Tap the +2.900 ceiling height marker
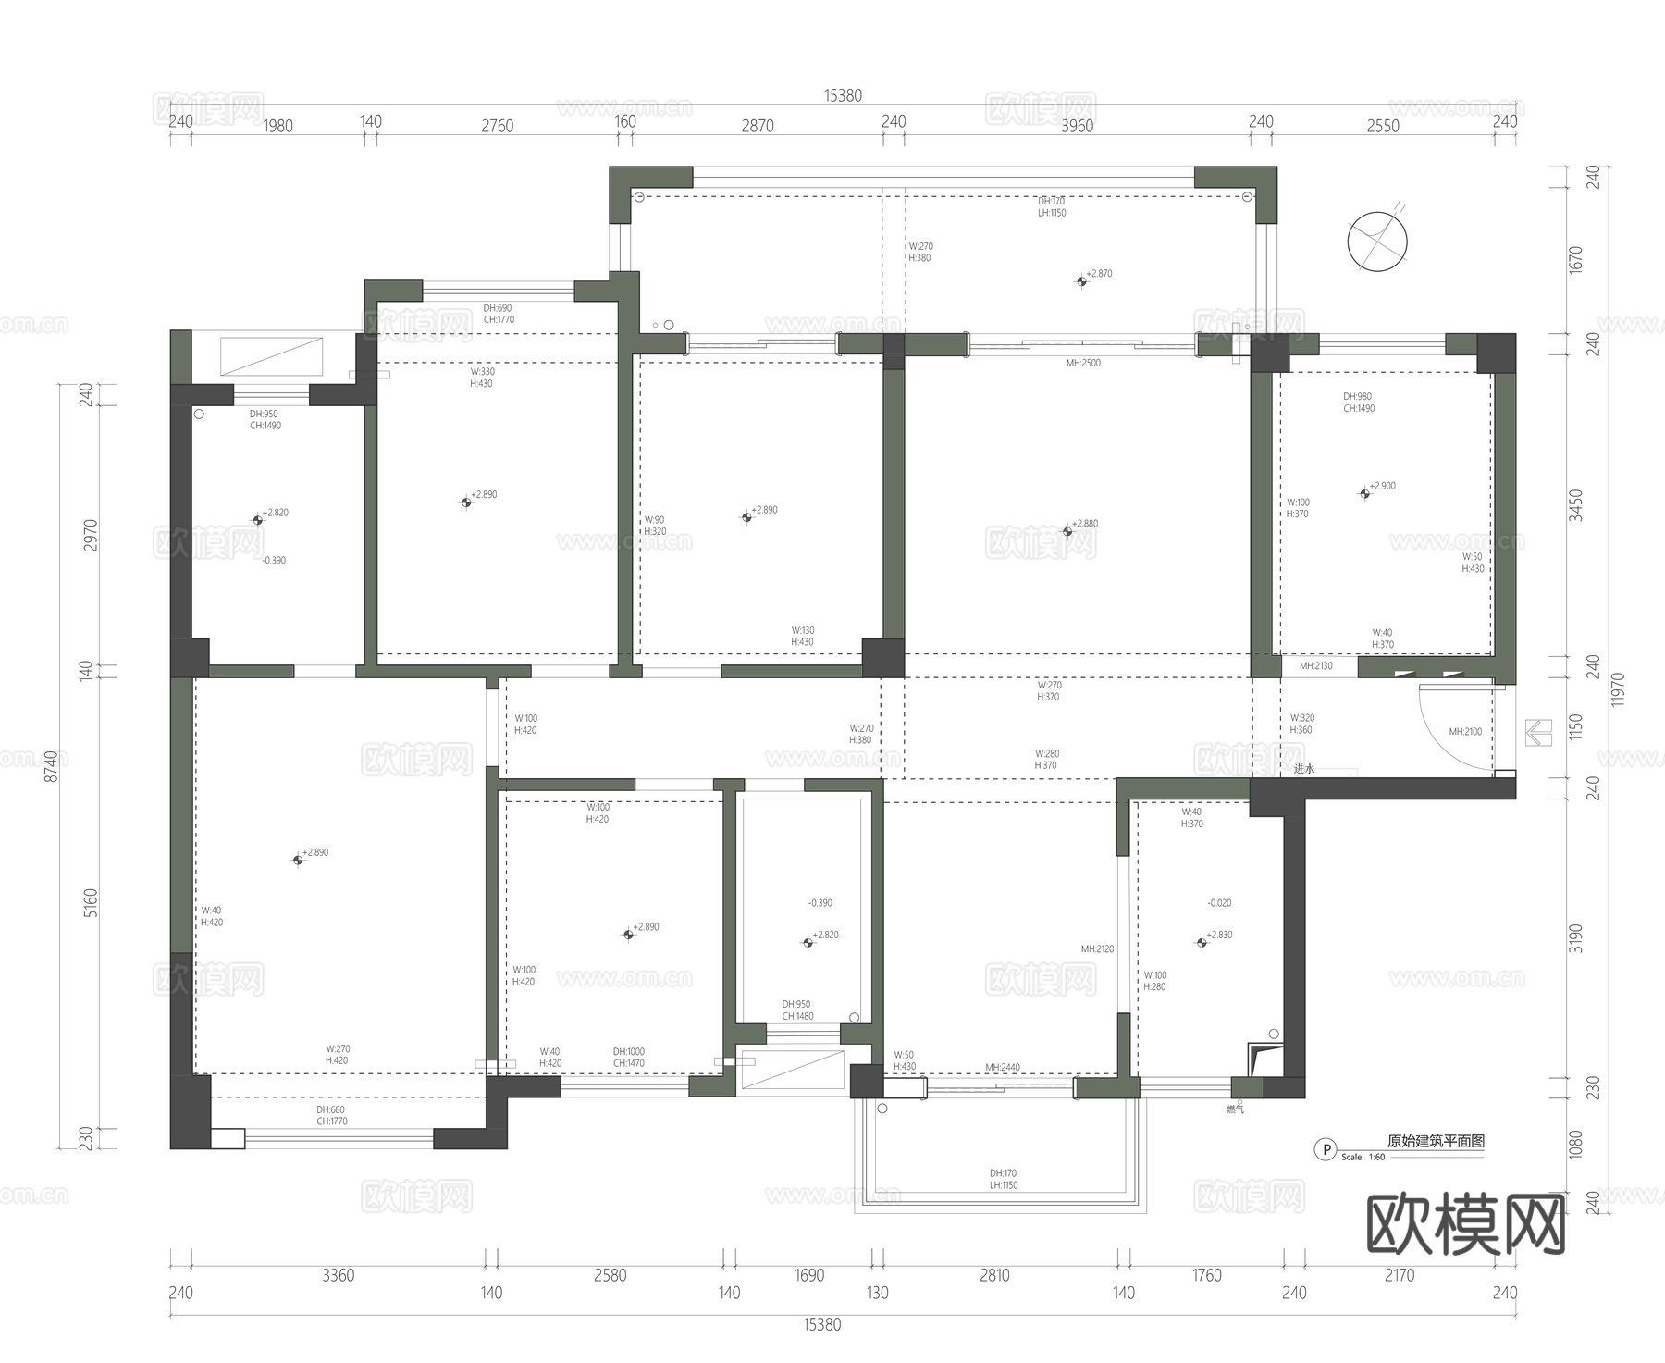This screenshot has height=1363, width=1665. coord(1364,493)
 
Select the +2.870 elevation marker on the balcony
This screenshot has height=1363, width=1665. coord(1081,280)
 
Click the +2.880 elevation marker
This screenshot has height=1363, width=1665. coord(1067,531)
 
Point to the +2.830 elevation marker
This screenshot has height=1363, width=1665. coord(1202,942)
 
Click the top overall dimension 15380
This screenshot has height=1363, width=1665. coord(843,95)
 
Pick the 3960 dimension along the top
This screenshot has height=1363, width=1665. coord(1077,126)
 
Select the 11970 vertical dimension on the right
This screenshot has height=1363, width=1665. coord(1617,689)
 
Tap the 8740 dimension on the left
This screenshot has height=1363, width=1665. coord(52,766)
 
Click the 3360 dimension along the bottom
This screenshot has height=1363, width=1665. coord(339,1275)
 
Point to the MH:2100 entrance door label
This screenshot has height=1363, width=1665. coord(1465,731)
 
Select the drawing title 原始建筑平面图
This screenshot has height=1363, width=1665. coord(1436,1141)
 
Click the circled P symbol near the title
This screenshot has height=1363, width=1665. coord(1326,1149)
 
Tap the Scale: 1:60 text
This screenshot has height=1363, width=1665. coord(1363,1157)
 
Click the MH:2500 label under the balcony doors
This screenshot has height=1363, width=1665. coord(1083,363)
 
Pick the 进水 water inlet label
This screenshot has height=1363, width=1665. coord(1304,768)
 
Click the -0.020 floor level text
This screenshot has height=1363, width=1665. coord(1219,902)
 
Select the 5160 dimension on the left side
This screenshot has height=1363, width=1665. coord(90,902)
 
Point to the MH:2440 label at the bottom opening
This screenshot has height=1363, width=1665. coord(1003,1067)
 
